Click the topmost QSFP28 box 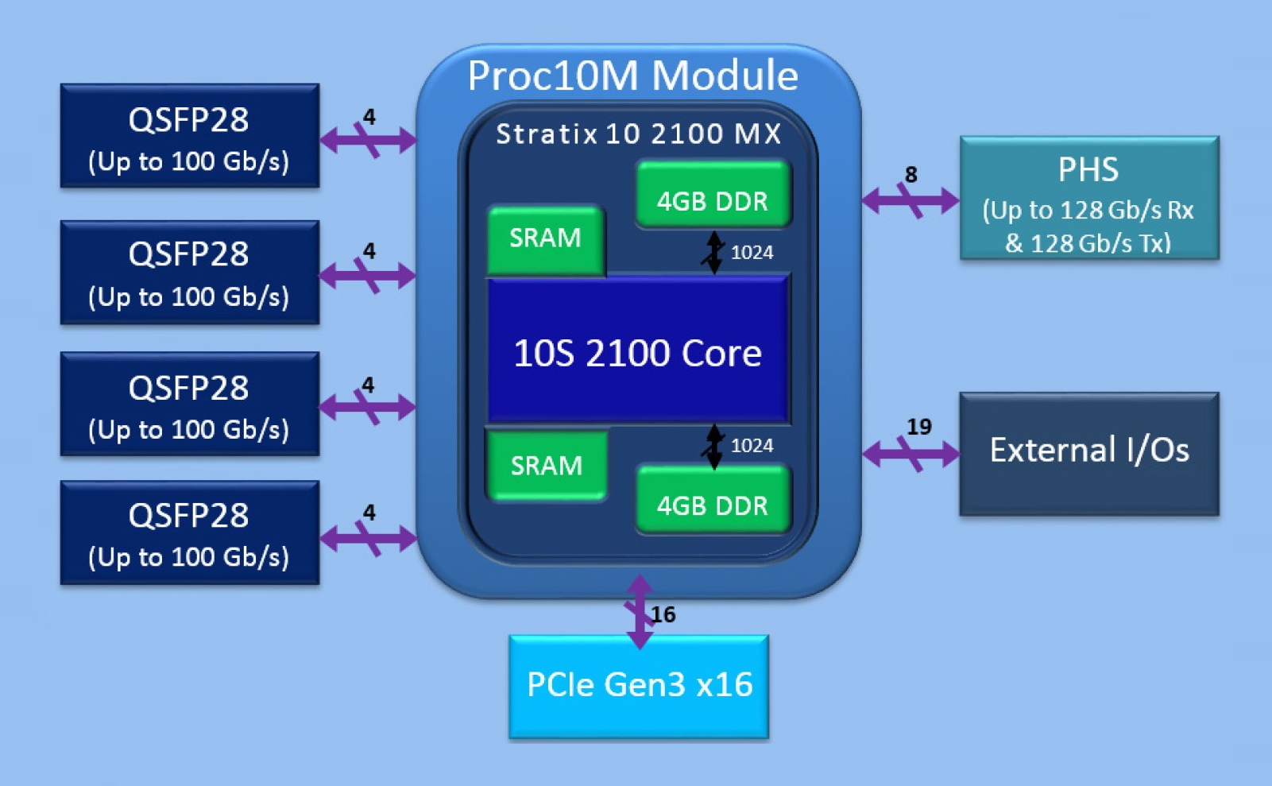(189, 136)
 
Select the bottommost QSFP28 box (189, 533)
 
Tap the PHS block (1088, 199)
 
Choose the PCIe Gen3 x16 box (639, 686)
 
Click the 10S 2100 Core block (637, 351)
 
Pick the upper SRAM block (545, 238)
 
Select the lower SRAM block (546, 465)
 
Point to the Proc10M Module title (632, 76)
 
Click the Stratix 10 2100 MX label (639, 134)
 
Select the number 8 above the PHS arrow (911, 175)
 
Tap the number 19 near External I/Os (918, 427)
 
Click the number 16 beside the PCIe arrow (663, 614)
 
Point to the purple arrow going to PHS (911, 199)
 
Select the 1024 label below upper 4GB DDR (752, 253)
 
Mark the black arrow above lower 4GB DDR (714, 446)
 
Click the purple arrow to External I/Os (911, 454)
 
